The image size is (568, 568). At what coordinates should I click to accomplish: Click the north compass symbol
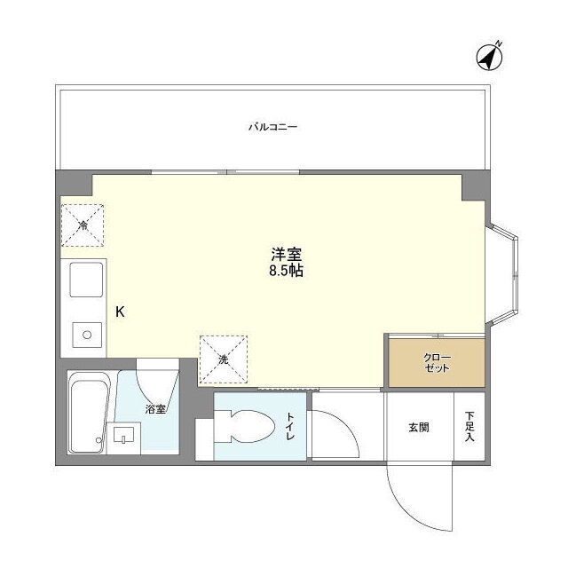coord(489,57)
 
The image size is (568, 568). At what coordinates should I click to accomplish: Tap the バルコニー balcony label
coord(272,127)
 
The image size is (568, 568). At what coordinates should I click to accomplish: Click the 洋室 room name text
coord(286,255)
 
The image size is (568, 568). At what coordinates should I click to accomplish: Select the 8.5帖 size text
coord(286,271)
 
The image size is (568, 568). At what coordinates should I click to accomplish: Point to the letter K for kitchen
coord(120,312)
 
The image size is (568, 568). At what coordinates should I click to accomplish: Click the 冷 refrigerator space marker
coord(83,225)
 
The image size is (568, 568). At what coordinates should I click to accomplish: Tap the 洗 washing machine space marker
coord(224,359)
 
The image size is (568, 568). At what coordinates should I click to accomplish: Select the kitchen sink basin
coord(86,280)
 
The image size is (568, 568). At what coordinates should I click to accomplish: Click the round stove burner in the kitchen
coord(87,335)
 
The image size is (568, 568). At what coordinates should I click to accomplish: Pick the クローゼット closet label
coord(438,363)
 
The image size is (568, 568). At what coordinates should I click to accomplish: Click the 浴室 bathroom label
coord(156,409)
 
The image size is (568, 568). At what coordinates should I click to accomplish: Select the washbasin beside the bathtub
coord(123,435)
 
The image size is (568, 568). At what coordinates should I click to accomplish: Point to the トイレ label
coord(290,426)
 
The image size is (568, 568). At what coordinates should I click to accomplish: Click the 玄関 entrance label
coord(419,428)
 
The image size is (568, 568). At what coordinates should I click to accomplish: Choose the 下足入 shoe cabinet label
coord(469,426)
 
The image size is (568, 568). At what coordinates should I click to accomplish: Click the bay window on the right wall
coord(503,275)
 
